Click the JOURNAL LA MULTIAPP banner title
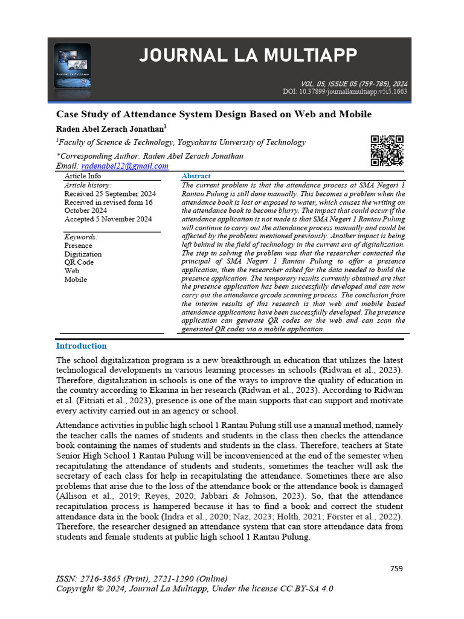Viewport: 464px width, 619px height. click(248, 57)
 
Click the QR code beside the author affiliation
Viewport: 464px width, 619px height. click(387, 151)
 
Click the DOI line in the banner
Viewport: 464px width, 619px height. click(344, 92)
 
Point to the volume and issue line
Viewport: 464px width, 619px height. click(353, 84)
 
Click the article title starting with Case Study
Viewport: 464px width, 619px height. click(213, 114)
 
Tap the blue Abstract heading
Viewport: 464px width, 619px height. click(196, 176)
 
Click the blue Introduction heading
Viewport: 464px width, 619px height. click(81, 346)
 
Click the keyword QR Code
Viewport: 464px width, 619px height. click(79, 262)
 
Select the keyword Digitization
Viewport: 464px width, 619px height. click(83, 254)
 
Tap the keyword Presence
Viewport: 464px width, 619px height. click(78, 245)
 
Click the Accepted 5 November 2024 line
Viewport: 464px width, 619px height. click(108, 219)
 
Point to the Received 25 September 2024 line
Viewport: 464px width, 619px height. click(110, 194)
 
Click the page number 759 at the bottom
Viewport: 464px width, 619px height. click(396, 568)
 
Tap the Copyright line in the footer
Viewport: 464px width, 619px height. click(194, 589)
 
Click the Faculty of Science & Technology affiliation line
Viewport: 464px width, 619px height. click(181, 143)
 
